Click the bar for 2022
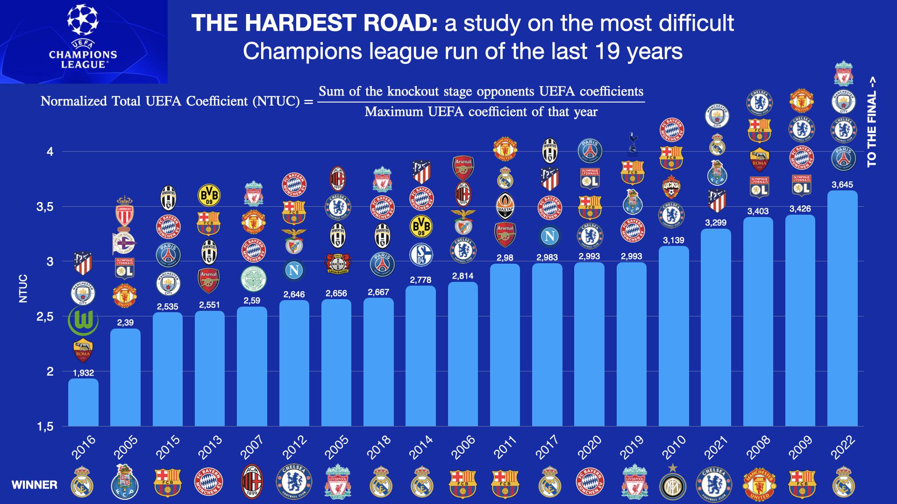842,308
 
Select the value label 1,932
83,373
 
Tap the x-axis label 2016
84,447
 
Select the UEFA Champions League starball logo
83,19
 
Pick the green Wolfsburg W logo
83,321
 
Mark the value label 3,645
842,185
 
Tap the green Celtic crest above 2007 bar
252,280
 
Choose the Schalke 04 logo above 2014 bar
421,255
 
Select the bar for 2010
673,336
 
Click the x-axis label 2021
716,447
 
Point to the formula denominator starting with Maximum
481,112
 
